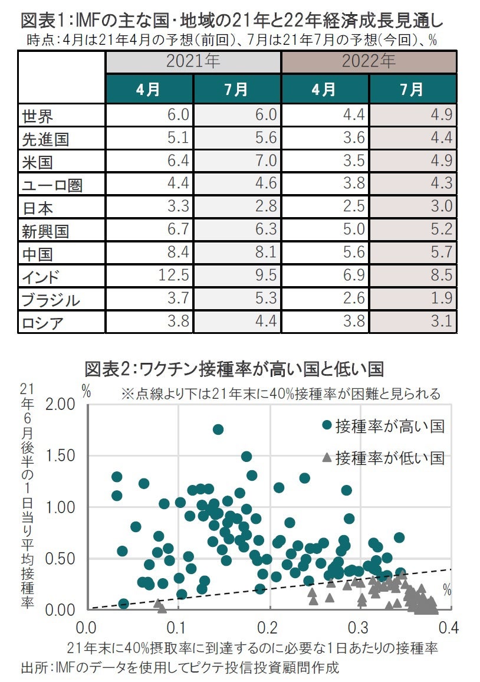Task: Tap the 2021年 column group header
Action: [193, 61]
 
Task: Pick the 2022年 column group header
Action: [369, 61]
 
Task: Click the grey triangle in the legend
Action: [326, 457]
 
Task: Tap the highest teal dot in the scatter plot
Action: [218, 429]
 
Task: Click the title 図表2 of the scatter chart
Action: [234, 369]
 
